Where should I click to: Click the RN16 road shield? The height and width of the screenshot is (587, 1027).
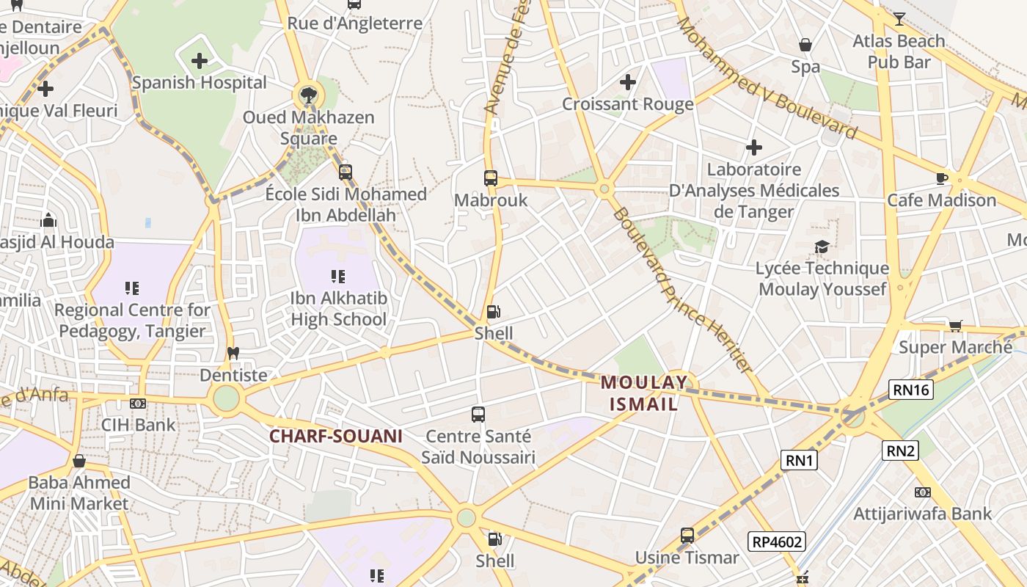pos(912,390)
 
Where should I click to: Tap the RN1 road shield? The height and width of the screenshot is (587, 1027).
pos(799,460)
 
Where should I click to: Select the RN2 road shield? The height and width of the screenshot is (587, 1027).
pos(900,450)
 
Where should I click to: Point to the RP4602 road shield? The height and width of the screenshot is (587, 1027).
pos(777,542)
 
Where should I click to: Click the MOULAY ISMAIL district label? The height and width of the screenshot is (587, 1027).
pos(644,393)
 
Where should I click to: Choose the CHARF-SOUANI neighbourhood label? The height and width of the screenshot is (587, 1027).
pos(336,436)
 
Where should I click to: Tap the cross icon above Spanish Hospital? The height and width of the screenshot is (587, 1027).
pos(200,61)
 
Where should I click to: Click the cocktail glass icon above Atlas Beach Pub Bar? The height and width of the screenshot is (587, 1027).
pos(899,19)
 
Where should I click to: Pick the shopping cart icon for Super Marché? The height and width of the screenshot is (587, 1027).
pos(955,325)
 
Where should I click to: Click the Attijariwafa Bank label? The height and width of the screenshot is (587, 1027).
pos(922,513)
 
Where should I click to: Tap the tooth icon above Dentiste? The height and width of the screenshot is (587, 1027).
pos(234,353)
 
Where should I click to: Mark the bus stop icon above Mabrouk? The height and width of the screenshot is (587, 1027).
pos(491,178)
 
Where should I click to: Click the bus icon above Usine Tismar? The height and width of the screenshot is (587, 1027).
pos(687,536)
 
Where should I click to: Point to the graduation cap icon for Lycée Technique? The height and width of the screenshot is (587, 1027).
pos(822,247)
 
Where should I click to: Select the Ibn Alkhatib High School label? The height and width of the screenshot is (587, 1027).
pos(338,309)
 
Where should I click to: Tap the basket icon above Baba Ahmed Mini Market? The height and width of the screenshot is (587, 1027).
pos(79,461)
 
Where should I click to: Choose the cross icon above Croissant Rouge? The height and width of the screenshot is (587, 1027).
pos(628,82)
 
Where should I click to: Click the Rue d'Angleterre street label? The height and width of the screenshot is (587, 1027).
pos(355,23)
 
